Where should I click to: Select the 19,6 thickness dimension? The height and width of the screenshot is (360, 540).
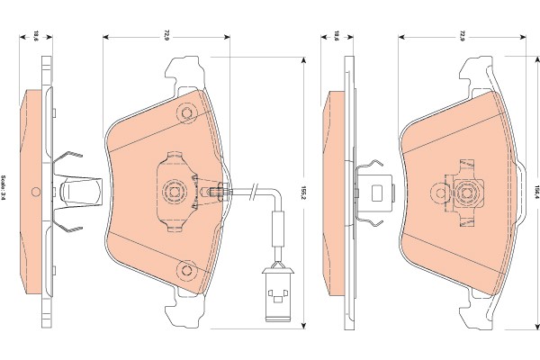(36, 37)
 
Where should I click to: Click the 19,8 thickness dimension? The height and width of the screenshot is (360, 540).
(336, 37)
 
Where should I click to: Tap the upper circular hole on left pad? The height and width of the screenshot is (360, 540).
(186, 113)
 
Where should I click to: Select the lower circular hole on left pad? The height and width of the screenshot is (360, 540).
(186, 268)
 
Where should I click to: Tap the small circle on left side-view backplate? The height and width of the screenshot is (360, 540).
(36, 192)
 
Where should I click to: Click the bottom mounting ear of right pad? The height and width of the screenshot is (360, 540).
(476, 314)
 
